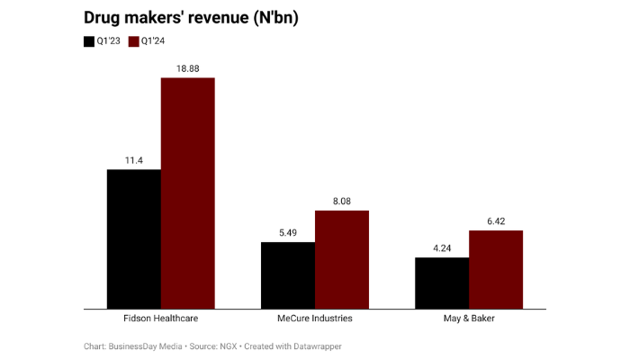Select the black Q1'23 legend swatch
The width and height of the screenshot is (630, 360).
(89, 41)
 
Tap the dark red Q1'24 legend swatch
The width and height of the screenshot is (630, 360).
(134, 41)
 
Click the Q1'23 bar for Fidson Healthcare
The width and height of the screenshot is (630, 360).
(134, 238)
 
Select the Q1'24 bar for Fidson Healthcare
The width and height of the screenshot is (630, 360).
(188, 193)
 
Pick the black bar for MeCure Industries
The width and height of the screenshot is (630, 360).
(288, 275)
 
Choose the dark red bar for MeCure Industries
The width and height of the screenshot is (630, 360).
(342, 259)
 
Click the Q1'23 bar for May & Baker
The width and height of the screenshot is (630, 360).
(442, 283)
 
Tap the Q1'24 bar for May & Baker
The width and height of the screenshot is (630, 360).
(496, 269)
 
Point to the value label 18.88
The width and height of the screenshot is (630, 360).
(188, 68)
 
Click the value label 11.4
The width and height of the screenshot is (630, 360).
(134, 160)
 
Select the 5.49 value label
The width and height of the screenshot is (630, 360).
(288, 233)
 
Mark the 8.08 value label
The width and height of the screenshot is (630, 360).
(342, 202)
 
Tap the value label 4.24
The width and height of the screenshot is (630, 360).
(442, 248)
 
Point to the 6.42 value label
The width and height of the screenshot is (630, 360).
(496, 221)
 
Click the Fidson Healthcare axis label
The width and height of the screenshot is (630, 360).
(161, 319)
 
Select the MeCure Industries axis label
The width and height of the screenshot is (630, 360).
(315, 319)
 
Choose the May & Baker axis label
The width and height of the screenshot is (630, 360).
(469, 319)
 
